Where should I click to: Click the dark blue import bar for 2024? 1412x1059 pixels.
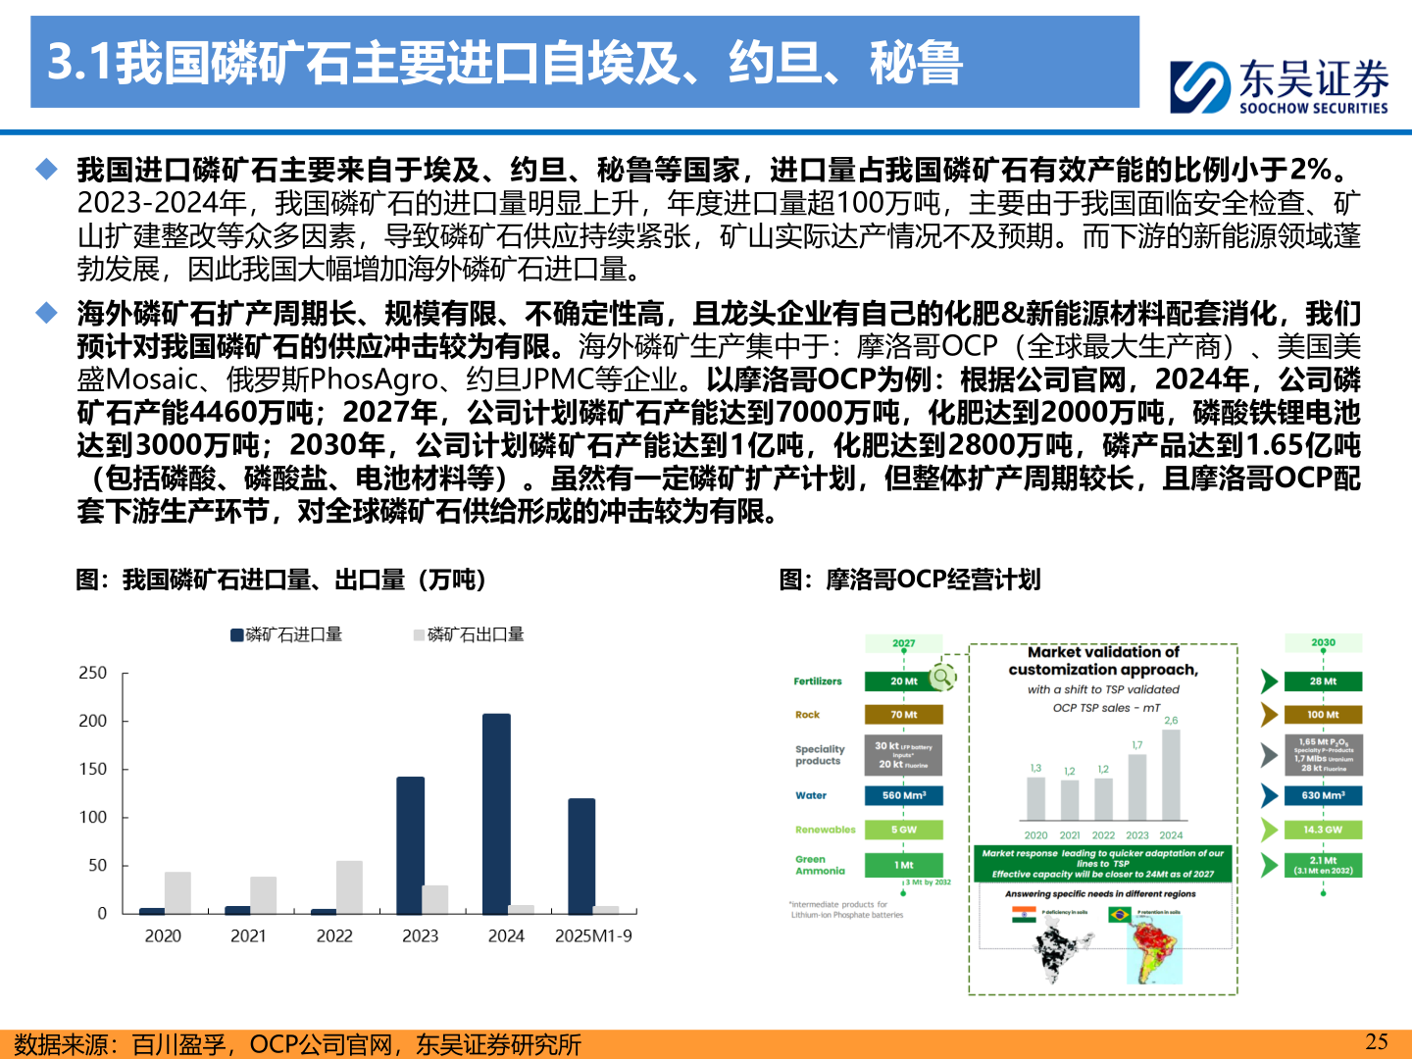496,814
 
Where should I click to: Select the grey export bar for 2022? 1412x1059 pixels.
349,887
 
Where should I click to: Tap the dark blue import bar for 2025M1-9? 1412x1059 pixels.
581,856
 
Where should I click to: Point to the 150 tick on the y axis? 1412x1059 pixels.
93,769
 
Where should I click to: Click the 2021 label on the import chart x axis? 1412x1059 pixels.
248,935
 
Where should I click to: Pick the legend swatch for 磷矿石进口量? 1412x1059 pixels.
237,635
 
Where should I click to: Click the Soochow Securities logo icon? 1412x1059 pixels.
1198,86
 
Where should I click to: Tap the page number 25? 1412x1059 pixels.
1377,1041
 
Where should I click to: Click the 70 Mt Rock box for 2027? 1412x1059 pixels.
903,715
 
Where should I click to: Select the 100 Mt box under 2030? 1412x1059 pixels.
1323,715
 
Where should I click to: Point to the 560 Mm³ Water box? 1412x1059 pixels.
903,795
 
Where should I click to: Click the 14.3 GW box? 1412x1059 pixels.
1323,830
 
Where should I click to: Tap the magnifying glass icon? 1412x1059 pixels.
942,676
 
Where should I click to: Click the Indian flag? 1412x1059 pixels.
1024,915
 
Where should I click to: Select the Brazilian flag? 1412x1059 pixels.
1119,915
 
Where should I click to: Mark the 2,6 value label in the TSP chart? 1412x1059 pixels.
1171,721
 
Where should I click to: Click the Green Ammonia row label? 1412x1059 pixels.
820,865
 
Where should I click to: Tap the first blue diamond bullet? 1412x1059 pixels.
46,170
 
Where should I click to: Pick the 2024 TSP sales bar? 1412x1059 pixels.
1171,775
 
